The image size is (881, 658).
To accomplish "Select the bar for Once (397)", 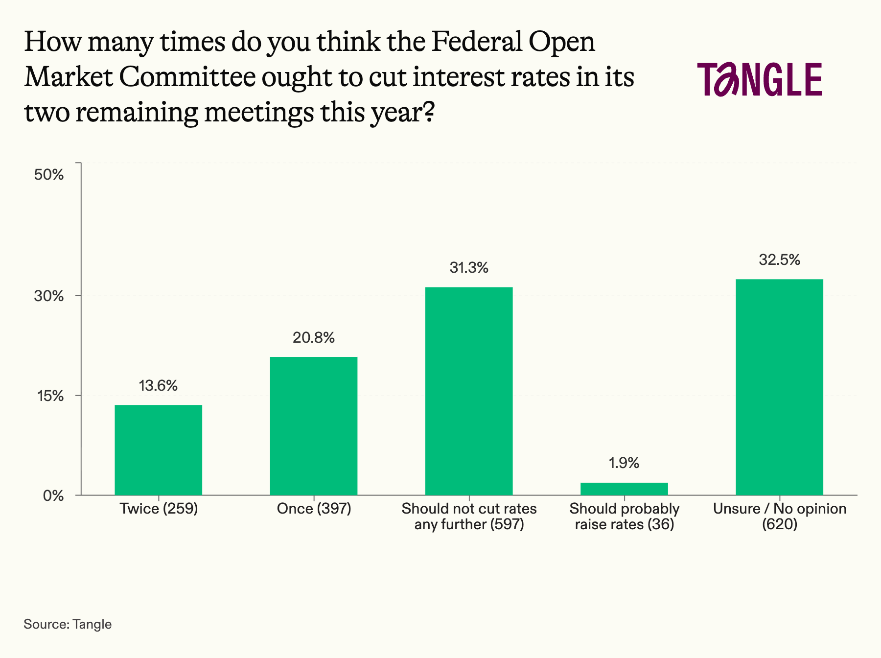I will coord(314,425).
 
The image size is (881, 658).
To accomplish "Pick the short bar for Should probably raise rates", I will coord(624,489).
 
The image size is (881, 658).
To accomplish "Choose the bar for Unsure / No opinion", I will coord(779,387).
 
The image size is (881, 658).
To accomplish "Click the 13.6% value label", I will coord(158,386).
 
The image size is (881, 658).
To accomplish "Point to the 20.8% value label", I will coord(314,338).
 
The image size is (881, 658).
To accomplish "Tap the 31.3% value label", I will coord(469,268).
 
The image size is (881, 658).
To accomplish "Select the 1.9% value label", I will coord(624,463).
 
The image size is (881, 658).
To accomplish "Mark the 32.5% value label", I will coord(779,260).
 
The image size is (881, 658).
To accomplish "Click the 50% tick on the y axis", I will coord(49,175).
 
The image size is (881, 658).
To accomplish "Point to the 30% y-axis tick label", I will coord(49,296).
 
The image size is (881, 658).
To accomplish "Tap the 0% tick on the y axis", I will coord(53,496).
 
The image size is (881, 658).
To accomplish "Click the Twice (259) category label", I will coord(159,509).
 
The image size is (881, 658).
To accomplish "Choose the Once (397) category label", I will coord(314,509).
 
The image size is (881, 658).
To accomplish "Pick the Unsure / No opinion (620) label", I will coord(779,517).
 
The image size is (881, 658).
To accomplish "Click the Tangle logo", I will coord(760,79).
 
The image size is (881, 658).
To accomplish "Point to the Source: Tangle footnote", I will coord(68,624).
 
